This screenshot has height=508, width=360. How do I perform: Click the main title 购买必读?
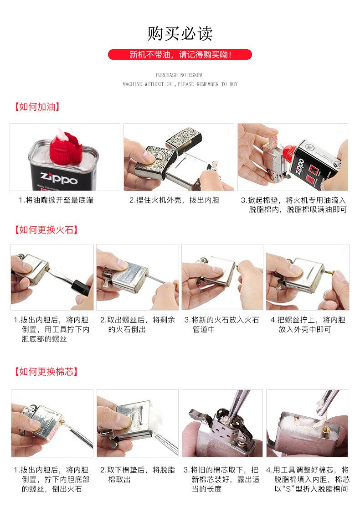click(x=180, y=34)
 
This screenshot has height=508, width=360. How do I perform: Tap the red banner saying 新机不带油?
click(x=180, y=54)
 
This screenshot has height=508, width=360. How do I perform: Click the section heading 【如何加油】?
click(x=37, y=107)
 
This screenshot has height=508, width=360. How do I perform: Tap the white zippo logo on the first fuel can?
click(x=59, y=177)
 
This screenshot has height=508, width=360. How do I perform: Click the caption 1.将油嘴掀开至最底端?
click(x=56, y=200)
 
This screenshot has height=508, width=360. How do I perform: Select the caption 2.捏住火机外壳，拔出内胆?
click(x=174, y=200)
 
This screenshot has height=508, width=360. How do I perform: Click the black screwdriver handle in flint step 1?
click(x=81, y=287)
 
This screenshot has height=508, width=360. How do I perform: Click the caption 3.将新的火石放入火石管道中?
click(x=221, y=325)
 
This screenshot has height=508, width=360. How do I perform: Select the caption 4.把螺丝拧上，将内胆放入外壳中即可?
click(x=308, y=325)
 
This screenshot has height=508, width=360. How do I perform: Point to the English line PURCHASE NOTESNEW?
click(x=179, y=75)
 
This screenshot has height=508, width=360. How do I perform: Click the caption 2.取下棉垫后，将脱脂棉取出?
click(x=137, y=475)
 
